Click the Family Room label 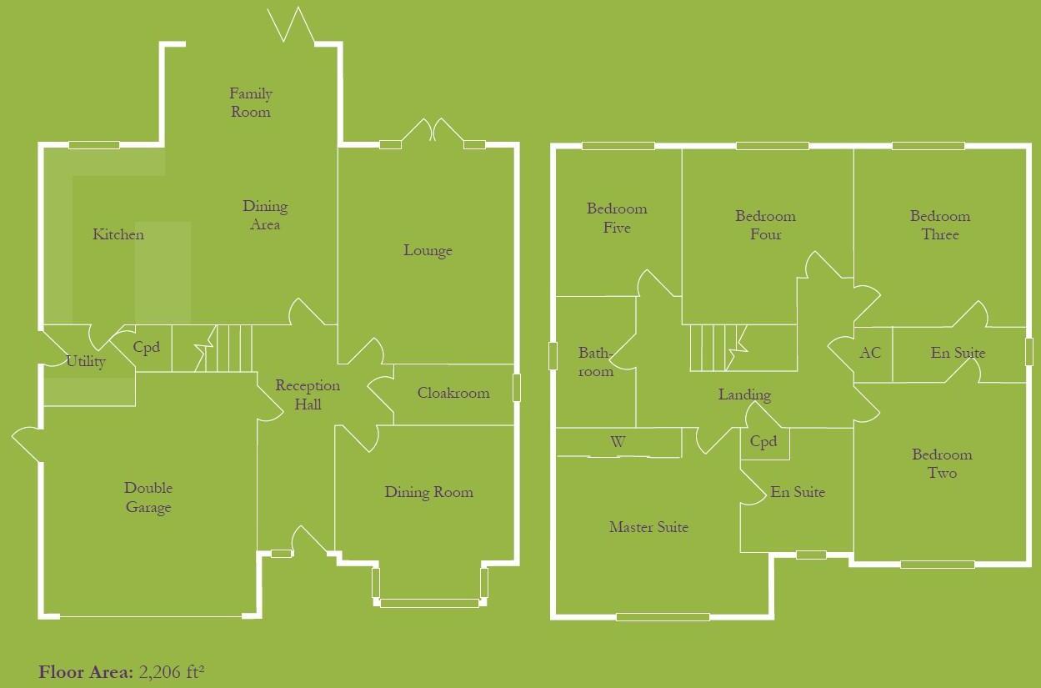[x=251, y=103]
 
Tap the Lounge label [x=428, y=250]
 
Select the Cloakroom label [x=453, y=393]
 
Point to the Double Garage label [x=148, y=497]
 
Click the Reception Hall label [x=308, y=394]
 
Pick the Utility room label [x=86, y=361]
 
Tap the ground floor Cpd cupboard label [x=147, y=347]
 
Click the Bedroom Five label [x=617, y=218]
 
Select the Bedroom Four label [x=765, y=225]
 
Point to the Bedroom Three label [x=940, y=225]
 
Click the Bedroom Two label [x=942, y=464]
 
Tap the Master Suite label [x=648, y=527]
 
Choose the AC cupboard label [x=870, y=353]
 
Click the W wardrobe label [x=618, y=442]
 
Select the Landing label [x=744, y=394]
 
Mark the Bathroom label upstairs [x=595, y=362]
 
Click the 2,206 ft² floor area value [x=172, y=671]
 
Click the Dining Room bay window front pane [x=429, y=604]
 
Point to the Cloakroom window [x=516, y=388]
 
